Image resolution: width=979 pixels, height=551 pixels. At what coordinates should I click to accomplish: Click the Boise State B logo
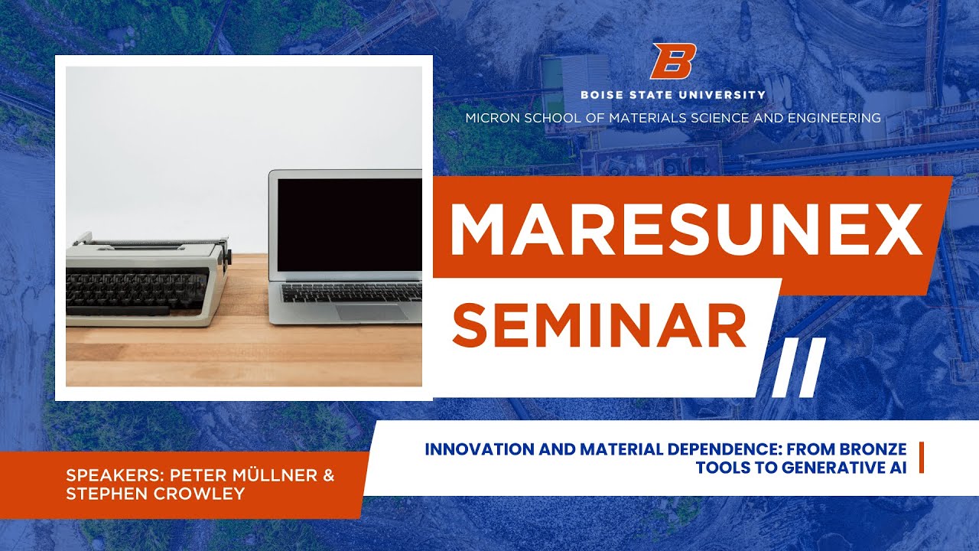tap(673, 62)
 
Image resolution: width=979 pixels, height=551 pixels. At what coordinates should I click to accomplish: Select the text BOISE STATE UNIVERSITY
tap(672, 95)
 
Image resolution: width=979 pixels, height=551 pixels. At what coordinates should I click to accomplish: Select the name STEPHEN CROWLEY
tap(155, 494)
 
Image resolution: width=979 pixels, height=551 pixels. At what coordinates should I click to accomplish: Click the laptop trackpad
tap(372, 312)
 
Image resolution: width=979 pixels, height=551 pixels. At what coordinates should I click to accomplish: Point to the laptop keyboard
tap(352, 292)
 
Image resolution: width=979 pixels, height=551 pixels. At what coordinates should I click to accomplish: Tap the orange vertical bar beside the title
tap(920, 458)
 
